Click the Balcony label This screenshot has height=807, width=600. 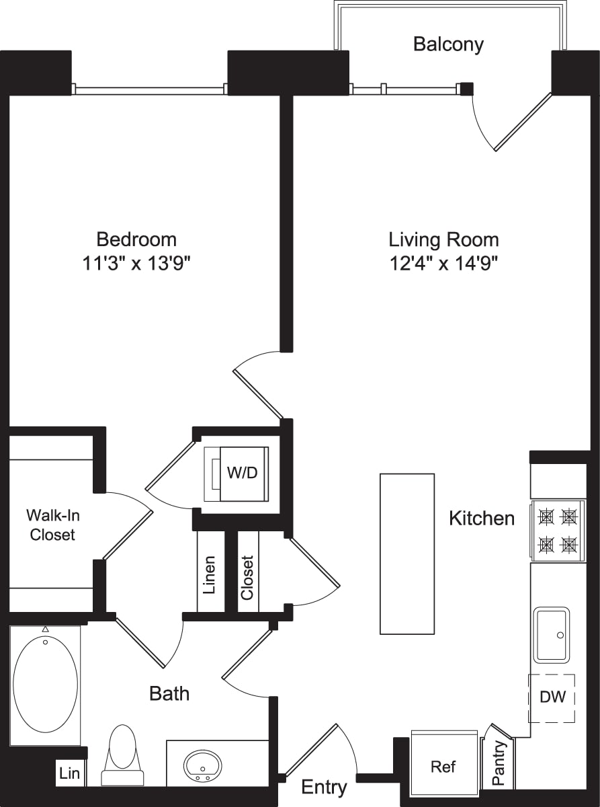[448, 44]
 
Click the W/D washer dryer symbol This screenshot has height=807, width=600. [241, 473]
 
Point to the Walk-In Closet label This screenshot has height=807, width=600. [50, 525]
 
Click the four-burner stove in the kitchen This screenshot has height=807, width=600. [558, 530]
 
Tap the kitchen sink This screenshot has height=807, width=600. [552, 635]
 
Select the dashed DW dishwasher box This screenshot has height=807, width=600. [552, 697]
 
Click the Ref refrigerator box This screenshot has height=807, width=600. [443, 766]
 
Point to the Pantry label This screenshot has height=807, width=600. [499, 763]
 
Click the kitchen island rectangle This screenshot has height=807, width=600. [407, 553]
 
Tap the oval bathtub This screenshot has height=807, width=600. [45, 685]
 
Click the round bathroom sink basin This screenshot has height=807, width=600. [203, 765]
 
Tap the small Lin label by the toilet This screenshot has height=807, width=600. [70, 773]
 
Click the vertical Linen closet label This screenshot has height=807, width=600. [210, 574]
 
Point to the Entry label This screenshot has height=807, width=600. [324, 787]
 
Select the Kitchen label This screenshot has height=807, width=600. [482, 518]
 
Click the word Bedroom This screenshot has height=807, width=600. [136, 239]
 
